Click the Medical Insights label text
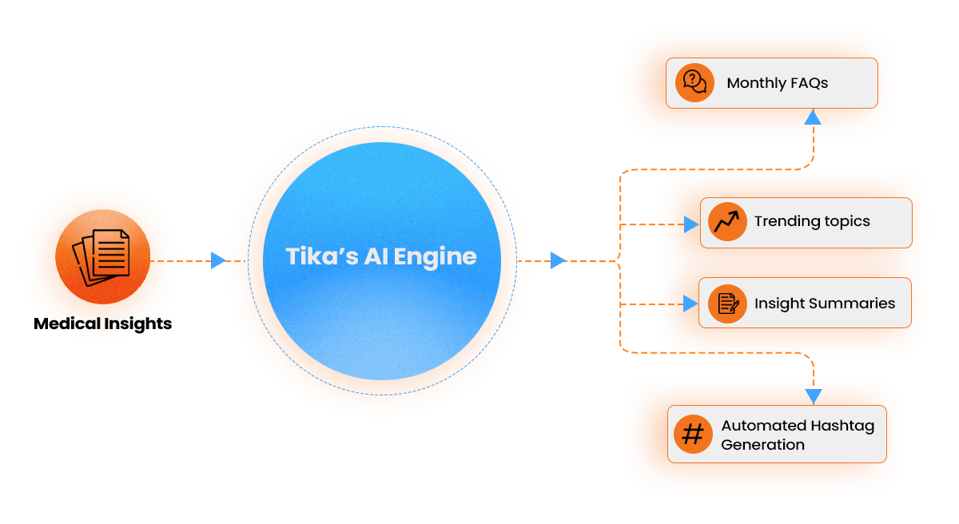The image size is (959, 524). coord(102,324)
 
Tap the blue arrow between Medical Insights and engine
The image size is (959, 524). coord(217,260)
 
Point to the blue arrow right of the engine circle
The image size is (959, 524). coord(558,260)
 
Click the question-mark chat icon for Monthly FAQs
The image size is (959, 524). coord(694,82)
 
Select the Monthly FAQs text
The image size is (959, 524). coord(777,83)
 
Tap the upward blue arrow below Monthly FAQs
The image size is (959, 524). coord(813,117)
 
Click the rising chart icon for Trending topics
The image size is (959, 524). coord(727,221)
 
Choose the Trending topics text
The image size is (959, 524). coord(812,221)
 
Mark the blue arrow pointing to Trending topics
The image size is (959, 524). coord(690,224)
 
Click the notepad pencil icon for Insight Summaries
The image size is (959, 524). coord(727,304)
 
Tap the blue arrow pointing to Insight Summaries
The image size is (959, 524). coord(690,304)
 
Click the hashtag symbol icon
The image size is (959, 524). coord(693,434)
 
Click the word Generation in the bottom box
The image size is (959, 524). coord(762,444)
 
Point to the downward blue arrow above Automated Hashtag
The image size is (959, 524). coord(814,396)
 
